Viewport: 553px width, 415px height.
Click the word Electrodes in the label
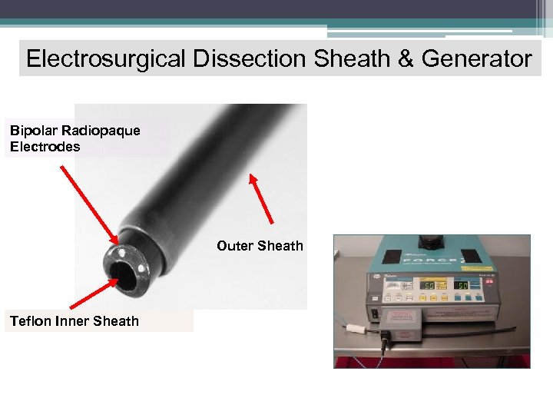[45, 147]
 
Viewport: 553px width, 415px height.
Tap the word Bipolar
[31, 130]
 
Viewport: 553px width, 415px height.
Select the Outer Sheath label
[260, 246]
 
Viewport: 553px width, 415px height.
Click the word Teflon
[30, 320]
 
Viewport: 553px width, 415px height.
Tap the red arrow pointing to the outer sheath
[261, 200]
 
